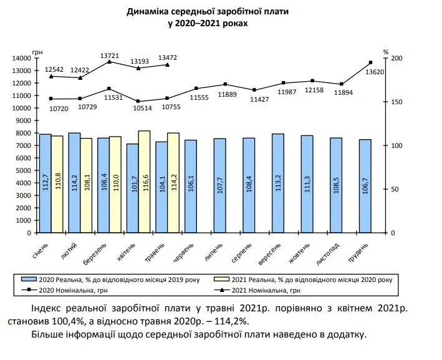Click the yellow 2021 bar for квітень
144,181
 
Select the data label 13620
375,72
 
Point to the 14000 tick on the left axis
22,58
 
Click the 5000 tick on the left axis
24,170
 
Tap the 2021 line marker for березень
109,61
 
